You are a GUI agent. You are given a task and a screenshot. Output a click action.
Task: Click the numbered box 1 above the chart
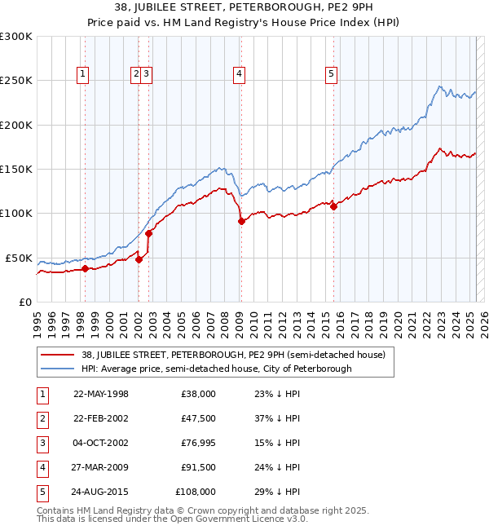point(83,74)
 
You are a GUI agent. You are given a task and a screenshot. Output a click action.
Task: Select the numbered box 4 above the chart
point(240,74)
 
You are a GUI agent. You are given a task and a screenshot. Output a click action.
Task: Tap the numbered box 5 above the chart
point(332,74)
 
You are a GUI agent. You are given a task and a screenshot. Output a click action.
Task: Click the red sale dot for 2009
point(241,221)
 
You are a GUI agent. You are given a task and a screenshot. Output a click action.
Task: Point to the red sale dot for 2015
point(333,206)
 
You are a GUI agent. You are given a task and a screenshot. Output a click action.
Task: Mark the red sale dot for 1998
point(85,268)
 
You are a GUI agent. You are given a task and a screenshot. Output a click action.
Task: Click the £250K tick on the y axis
point(17,81)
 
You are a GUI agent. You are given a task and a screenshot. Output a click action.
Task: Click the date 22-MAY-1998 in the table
point(101,394)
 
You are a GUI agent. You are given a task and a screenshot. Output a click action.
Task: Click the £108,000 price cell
point(196,492)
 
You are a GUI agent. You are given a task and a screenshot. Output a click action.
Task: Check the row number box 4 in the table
point(42,467)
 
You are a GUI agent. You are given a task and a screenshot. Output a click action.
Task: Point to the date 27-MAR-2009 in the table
point(101,467)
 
